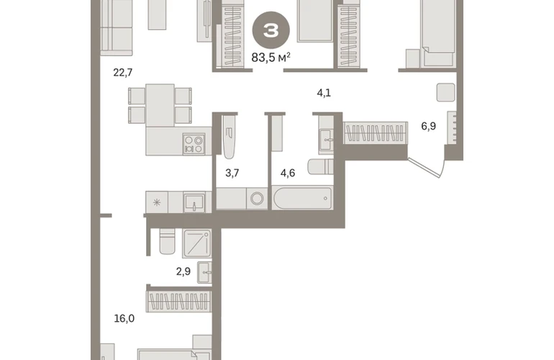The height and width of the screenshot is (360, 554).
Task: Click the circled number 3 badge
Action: tap(271, 31)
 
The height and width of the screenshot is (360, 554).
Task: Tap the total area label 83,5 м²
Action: tap(271, 57)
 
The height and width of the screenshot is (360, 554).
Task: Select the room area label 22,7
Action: tap(123, 73)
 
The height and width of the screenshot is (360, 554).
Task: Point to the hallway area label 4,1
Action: tap(324, 93)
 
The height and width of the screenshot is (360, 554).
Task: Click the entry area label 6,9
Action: tap(429, 126)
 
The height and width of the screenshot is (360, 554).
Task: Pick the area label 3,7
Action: tap(232, 173)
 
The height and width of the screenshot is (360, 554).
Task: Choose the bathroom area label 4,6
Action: tap(288, 173)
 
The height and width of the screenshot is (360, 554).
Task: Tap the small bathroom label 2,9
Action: tap(183, 271)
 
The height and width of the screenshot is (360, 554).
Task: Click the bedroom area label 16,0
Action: tap(124, 319)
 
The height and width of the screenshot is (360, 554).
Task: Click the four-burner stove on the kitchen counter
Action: tap(194, 144)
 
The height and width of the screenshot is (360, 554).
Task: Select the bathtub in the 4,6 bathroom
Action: tap(302, 199)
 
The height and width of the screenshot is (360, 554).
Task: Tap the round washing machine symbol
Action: tap(257, 199)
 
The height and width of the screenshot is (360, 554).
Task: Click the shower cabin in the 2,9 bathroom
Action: tap(197, 243)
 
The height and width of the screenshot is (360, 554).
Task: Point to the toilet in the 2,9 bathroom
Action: tap(167, 241)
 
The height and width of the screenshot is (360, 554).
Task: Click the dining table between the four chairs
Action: tap(160, 105)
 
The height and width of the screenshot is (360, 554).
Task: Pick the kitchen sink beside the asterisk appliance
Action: tap(194, 202)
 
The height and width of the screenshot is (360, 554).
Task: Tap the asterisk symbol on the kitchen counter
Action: tap(157, 202)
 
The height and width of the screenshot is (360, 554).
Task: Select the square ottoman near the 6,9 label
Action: tap(446, 92)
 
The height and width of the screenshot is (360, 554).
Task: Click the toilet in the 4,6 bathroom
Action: tap(320, 167)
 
